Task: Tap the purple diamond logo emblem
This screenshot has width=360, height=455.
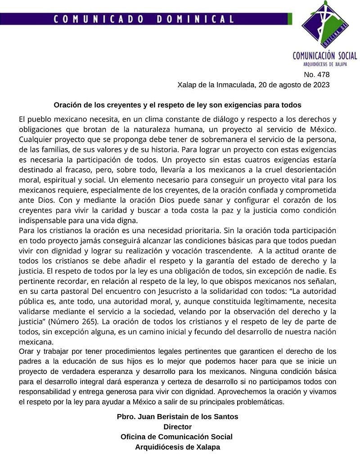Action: click(325, 24)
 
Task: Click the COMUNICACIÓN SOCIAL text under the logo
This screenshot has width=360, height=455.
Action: click(324, 56)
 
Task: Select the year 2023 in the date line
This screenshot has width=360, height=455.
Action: click(322, 85)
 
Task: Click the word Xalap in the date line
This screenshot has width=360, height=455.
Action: click(187, 85)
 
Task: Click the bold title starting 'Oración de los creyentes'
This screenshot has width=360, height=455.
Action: click(177, 105)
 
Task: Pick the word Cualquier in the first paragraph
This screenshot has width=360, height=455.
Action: click(37, 140)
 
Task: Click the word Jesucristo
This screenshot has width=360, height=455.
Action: click(174, 291)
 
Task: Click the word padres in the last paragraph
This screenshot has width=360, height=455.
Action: click(31, 361)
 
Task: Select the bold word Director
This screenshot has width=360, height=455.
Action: click(177, 427)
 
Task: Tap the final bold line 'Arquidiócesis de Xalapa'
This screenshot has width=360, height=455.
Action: click(177, 447)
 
